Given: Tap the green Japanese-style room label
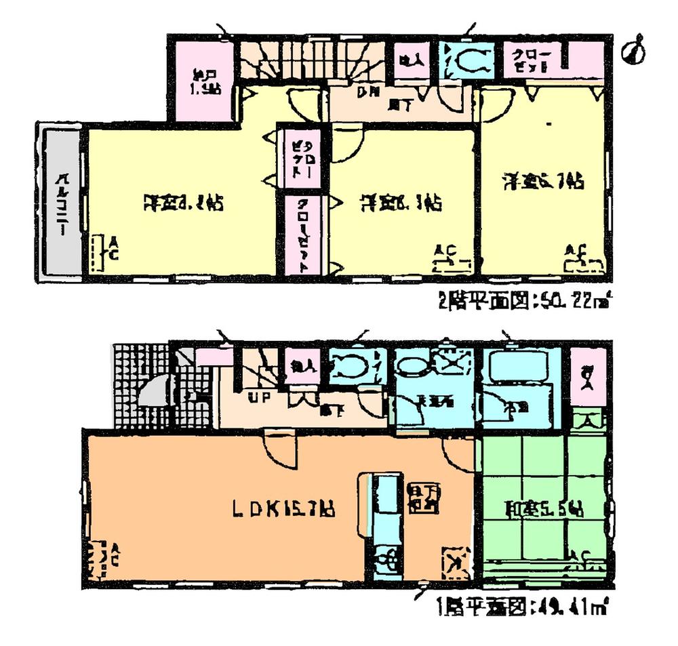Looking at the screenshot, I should click(544, 509).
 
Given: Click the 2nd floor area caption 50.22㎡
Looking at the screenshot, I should click(530, 299).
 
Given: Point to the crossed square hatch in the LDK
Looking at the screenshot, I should click(456, 561).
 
